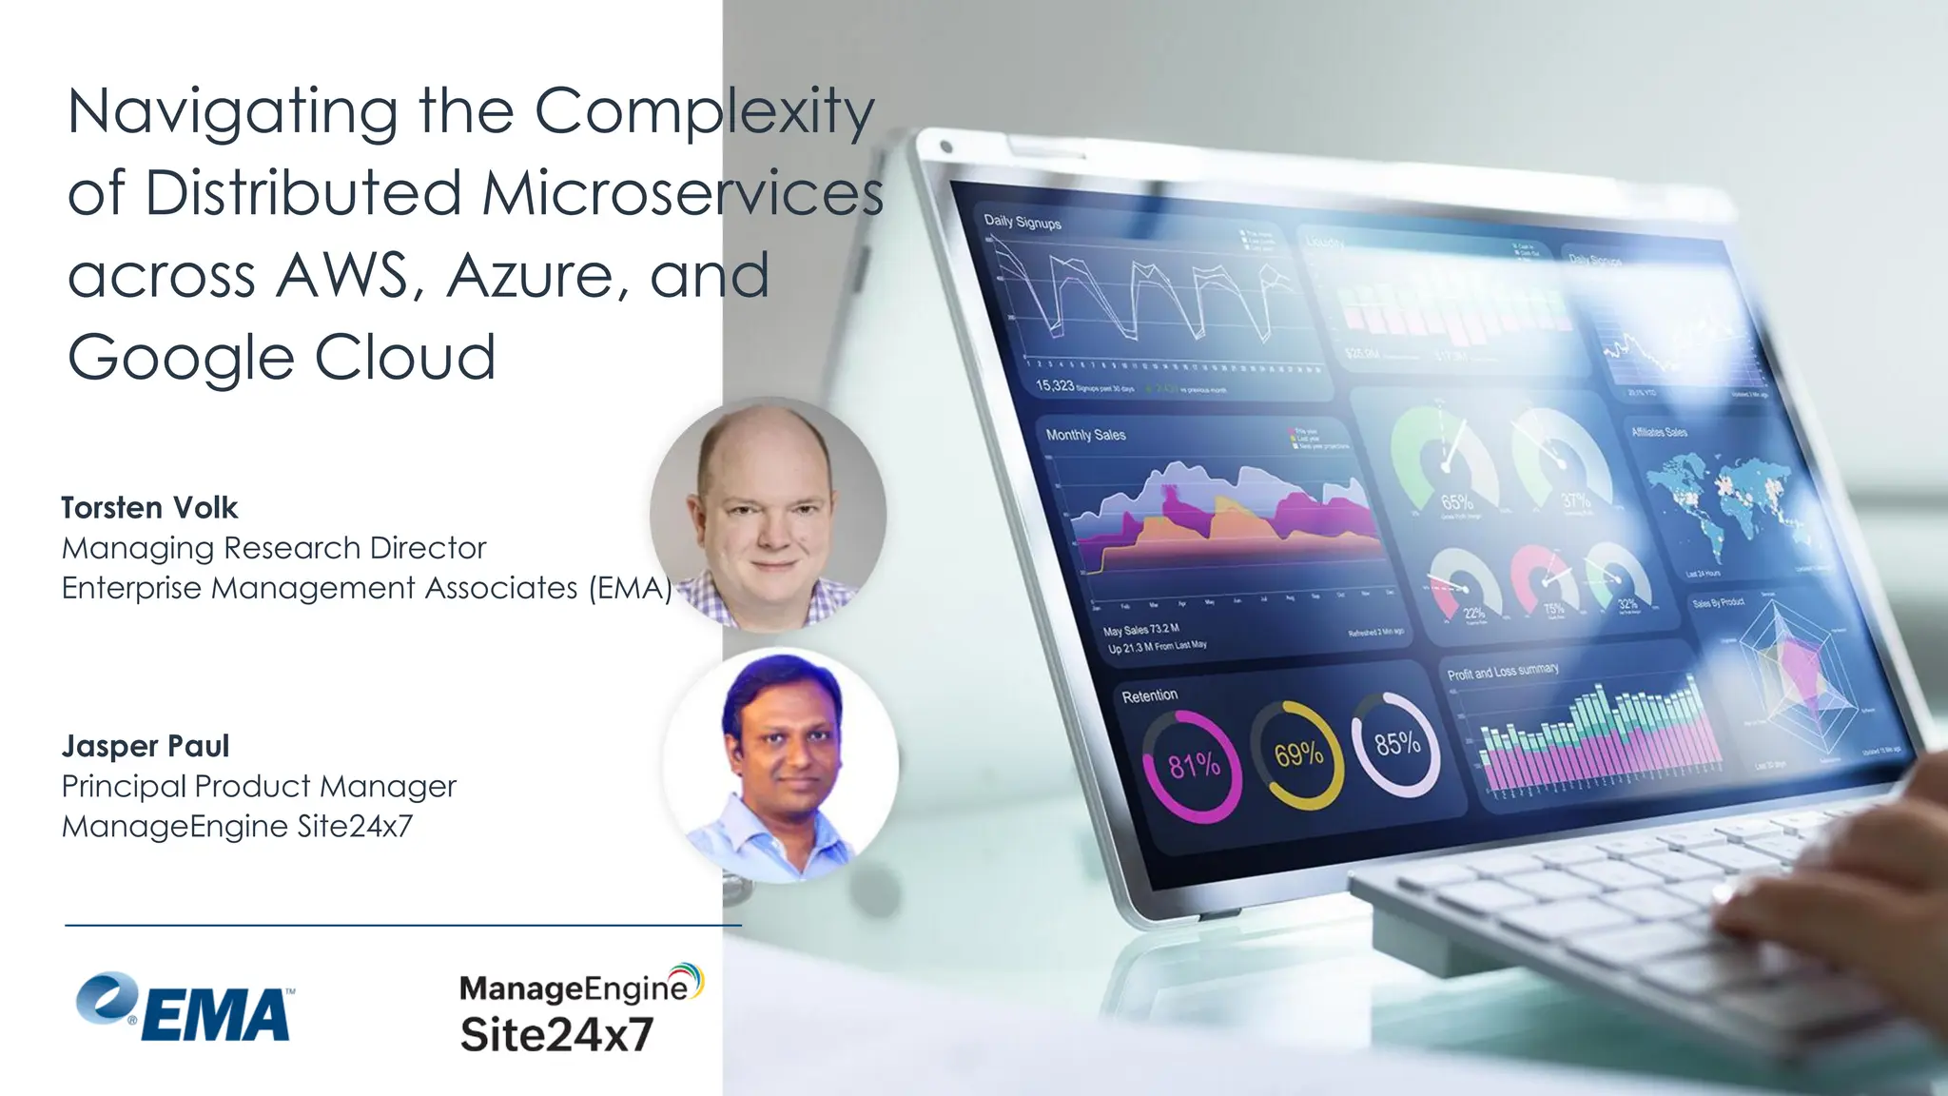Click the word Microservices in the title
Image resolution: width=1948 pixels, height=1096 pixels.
click(x=682, y=193)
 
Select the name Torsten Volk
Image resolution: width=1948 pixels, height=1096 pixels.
click(x=149, y=508)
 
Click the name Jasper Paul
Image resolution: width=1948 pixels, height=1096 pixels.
click(x=146, y=746)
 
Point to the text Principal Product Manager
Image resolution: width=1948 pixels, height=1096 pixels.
click(x=259, y=787)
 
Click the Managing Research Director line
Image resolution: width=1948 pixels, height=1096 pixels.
click(x=274, y=548)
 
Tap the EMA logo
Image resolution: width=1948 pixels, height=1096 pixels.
click(x=185, y=1008)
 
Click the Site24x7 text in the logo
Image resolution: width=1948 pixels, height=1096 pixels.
click(x=556, y=1035)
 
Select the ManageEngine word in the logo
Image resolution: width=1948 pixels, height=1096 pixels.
click(x=573, y=988)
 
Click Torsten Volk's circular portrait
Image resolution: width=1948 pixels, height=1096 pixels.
click(x=768, y=515)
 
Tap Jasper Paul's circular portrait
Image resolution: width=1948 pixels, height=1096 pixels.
click(x=781, y=766)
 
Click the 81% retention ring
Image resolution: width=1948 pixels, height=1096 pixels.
click(x=1193, y=766)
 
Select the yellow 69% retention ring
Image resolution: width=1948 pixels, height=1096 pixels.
click(x=1297, y=754)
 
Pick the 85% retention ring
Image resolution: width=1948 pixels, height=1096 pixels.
click(x=1396, y=743)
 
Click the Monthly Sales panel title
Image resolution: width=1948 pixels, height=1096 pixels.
click(x=1085, y=435)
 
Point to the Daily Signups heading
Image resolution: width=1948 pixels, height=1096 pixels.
click(x=1023, y=222)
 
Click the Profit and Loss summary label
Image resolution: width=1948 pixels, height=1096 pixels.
click(x=1503, y=672)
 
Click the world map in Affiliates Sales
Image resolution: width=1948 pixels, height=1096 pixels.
click(x=1722, y=504)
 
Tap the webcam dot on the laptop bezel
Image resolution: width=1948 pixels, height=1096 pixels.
click(x=945, y=147)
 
